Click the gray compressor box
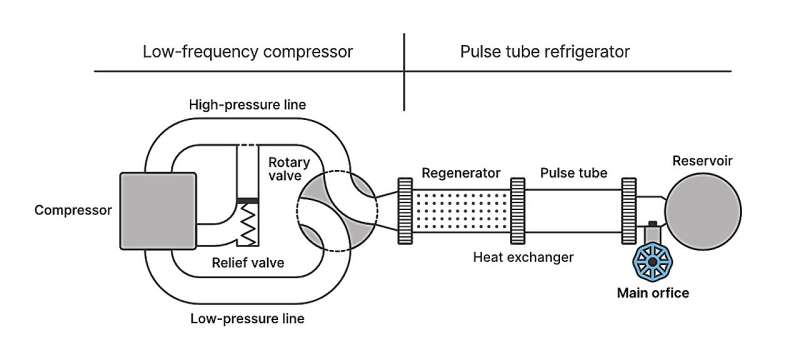coord(158,211)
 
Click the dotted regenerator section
coord(461,211)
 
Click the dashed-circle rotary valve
coord(335,211)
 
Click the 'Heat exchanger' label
coord(523,257)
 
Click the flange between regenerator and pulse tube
coord(518,211)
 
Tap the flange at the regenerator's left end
coord(404,211)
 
